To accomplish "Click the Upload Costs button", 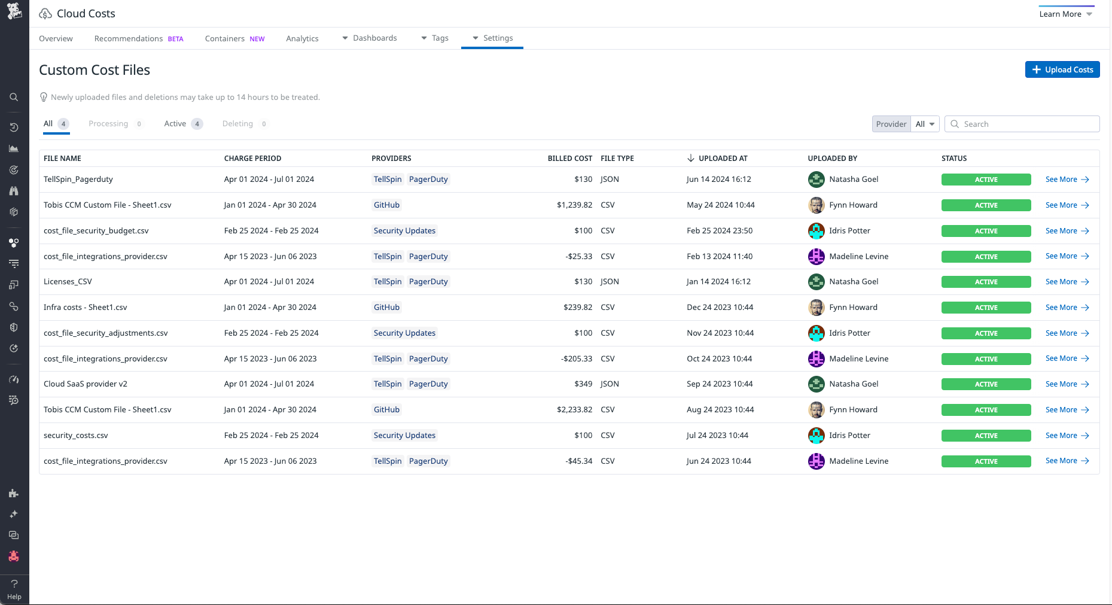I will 1062,69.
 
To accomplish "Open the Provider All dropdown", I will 925,124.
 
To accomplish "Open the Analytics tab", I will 302,38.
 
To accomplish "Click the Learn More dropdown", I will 1065,14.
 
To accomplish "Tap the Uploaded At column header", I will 723,159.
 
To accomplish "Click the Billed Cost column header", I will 569,159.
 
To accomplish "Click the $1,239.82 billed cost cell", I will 574,205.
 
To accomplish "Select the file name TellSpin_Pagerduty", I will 78,180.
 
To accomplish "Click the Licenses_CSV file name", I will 68,282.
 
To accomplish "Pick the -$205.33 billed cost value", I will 576,359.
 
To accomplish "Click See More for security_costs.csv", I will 1067,436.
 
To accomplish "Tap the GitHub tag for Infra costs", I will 386,308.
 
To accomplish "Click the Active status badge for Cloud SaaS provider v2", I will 986,384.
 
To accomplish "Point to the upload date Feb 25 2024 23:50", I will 720,231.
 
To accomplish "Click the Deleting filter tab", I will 237,124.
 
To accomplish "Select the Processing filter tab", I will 108,124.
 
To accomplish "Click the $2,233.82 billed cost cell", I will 574,410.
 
